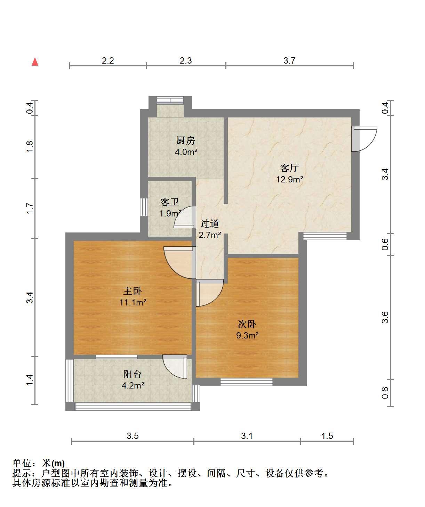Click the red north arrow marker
coord(35,62)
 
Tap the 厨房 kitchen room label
coord(186,140)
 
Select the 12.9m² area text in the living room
coord(289,179)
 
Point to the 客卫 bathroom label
coord(170,202)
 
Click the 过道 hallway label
coord(210,224)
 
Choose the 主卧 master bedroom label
coord(133,291)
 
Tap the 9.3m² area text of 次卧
coord(247,335)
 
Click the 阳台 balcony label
coord(133,374)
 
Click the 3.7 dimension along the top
coord(289,60)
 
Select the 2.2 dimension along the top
coord(108,60)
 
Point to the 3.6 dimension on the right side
coord(385,317)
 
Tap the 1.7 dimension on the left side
coord(30,208)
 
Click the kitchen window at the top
coord(170,100)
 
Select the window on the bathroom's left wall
coord(144,207)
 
